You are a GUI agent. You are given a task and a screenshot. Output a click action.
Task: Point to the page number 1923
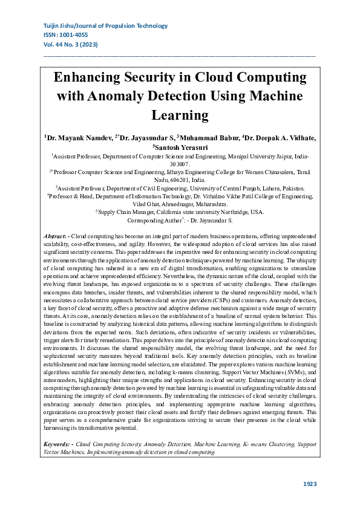click(310, 484)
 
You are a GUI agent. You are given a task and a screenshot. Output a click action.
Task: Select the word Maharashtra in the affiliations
click(209, 204)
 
